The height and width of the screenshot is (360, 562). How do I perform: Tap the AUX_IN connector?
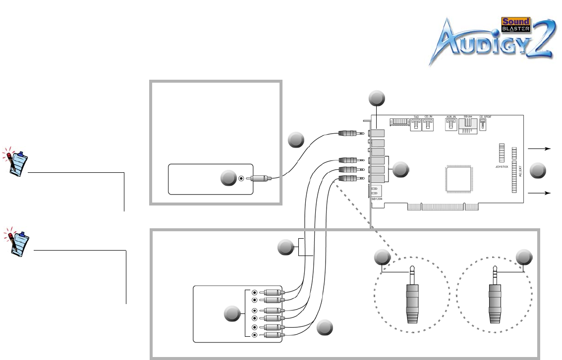click(x=451, y=125)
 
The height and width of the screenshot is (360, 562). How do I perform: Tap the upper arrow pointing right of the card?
click(x=540, y=148)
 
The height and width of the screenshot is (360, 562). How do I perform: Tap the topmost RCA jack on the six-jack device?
click(x=254, y=292)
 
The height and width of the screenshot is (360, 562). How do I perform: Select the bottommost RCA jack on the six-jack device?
click(x=254, y=335)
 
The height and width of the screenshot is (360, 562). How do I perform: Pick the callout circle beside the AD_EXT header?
click(x=537, y=171)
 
